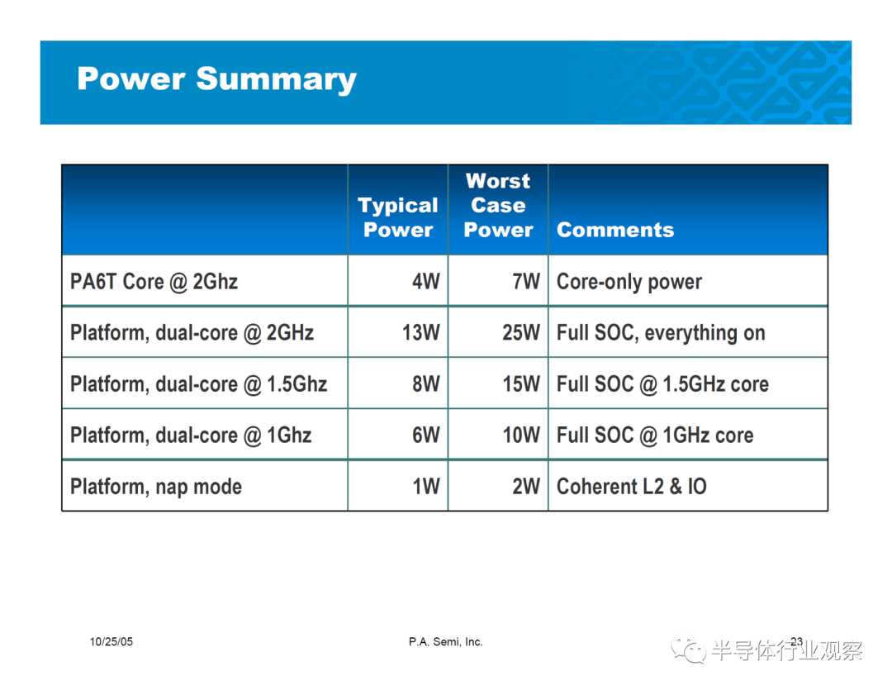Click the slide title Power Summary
(x=216, y=79)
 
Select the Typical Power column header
(x=397, y=217)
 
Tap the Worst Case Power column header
(x=498, y=205)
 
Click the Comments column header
(x=615, y=230)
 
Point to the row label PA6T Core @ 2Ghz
(x=154, y=282)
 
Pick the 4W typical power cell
(x=426, y=281)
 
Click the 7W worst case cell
(x=526, y=281)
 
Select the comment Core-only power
(x=629, y=282)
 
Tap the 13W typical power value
(x=421, y=332)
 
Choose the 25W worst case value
(x=521, y=332)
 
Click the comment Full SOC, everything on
(x=661, y=333)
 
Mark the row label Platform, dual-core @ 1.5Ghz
(x=198, y=384)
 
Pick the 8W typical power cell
(x=426, y=383)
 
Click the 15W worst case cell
(x=521, y=383)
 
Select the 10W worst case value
(x=521, y=435)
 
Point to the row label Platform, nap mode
(x=156, y=487)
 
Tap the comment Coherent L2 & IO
(x=632, y=486)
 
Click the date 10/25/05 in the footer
(x=111, y=641)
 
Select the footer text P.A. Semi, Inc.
(x=445, y=642)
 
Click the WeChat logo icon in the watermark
(x=688, y=650)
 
